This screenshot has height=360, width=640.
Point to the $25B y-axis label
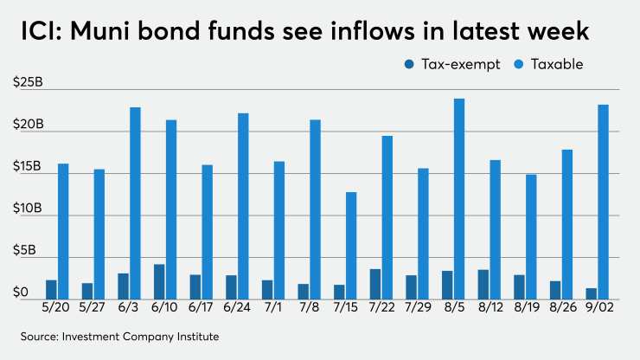[29, 81]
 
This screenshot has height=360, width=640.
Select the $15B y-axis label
[28, 166]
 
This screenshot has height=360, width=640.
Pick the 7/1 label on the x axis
[273, 308]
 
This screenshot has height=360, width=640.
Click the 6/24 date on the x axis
[237, 308]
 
